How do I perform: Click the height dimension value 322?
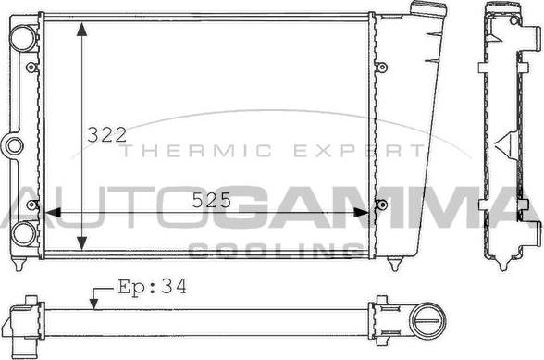[x=106, y=134]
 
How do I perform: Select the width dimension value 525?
[x=212, y=200]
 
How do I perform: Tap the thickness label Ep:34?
[x=153, y=287]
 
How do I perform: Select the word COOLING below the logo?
[x=275, y=249]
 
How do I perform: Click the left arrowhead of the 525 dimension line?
[x=51, y=213]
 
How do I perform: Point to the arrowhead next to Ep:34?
[x=93, y=303]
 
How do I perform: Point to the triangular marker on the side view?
[x=506, y=143]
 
